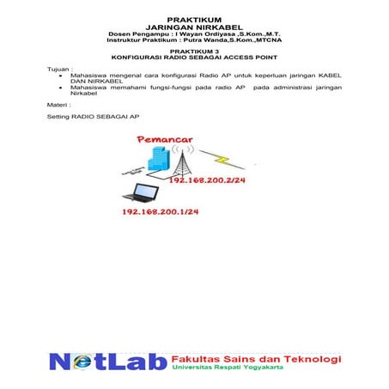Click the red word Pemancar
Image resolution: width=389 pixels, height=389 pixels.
point(163,141)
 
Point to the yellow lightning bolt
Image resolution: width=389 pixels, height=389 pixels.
point(220,161)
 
